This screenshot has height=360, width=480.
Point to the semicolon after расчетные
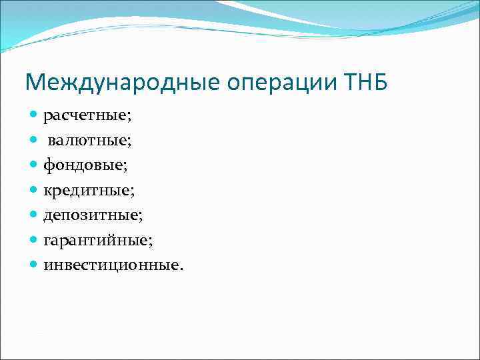129,118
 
